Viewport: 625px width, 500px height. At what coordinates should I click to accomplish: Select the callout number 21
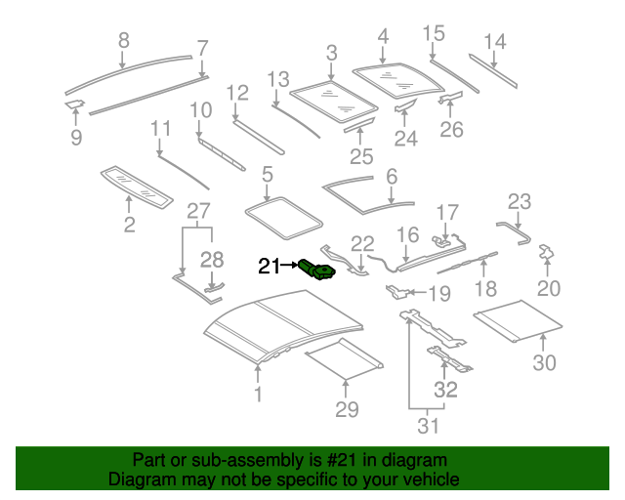(269, 266)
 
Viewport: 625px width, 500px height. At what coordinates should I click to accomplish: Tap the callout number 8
(123, 41)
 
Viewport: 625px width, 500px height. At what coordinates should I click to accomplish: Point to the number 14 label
(495, 41)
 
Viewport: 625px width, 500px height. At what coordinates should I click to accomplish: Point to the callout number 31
(429, 426)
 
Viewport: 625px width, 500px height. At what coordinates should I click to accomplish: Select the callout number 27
(198, 211)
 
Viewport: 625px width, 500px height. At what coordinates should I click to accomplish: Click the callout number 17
(446, 212)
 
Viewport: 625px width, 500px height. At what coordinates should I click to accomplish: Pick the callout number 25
(361, 156)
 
